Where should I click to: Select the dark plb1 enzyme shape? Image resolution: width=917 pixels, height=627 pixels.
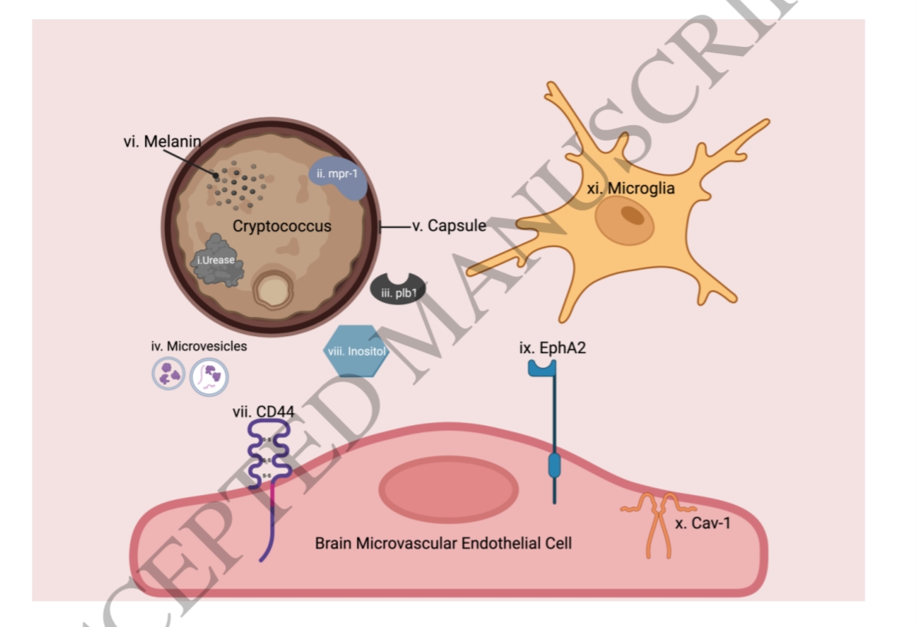point(398,290)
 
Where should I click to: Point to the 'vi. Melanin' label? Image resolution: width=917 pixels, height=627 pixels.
point(163,140)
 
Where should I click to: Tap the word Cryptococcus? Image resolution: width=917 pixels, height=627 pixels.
point(283,226)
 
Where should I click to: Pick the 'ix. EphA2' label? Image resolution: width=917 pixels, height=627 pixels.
point(554,348)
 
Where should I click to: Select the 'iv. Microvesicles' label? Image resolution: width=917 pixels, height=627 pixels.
point(199,346)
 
